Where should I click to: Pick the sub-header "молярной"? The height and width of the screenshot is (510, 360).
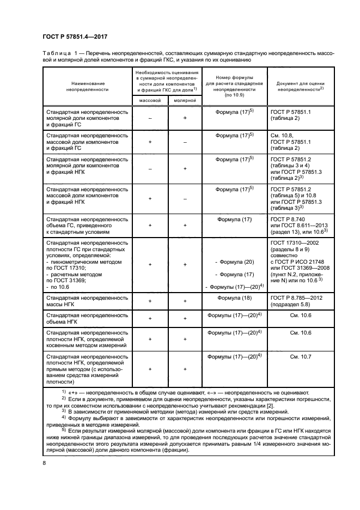click(x=185, y=101)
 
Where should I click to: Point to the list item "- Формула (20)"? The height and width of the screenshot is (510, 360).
click(x=235, y=262)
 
